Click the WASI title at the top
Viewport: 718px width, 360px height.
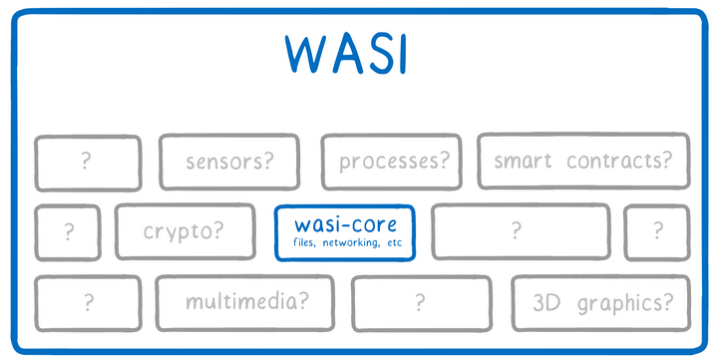pos(345,54)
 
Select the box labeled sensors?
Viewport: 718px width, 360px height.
pos(230,161)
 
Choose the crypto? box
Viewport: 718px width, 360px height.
pos(183,231)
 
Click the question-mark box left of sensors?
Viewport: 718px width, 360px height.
pos(88,162)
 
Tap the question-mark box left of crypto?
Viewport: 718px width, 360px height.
pos(68,232)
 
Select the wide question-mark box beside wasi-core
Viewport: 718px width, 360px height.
pos(516,231)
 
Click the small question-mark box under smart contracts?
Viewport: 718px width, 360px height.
pos(657,231)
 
